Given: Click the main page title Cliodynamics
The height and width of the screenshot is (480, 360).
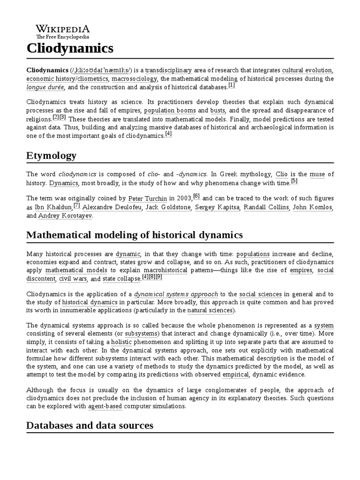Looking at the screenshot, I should coord(70,48).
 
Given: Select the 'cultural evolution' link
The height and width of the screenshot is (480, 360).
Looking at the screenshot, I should coord(313,70).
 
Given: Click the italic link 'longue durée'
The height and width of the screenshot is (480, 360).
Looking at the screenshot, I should coord(45,87).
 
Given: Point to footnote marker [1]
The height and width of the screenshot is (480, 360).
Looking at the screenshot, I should coord(232,85).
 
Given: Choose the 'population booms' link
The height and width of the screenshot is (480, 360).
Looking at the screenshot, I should coord(170,111).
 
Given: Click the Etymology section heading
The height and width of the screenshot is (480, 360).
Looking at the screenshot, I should coord(51,156).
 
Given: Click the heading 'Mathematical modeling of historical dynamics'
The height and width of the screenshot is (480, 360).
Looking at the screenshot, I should coord(135,235).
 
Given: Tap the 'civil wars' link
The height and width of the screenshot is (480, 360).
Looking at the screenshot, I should coord(73,279).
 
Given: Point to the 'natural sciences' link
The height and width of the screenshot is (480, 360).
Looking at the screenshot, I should coord(210,310).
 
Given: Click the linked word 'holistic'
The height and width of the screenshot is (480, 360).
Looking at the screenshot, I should coord(121,342).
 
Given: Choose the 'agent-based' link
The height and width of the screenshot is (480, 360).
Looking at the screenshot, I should coord(104,406).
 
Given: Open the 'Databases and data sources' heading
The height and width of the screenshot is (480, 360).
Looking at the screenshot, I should coord(90,425).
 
